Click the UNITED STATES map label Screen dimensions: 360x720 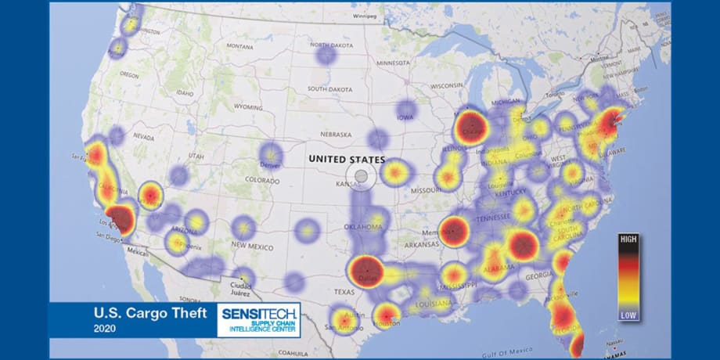[347, 159]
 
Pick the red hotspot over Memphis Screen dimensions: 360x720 [453, 231]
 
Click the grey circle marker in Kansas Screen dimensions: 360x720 [361, 178]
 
